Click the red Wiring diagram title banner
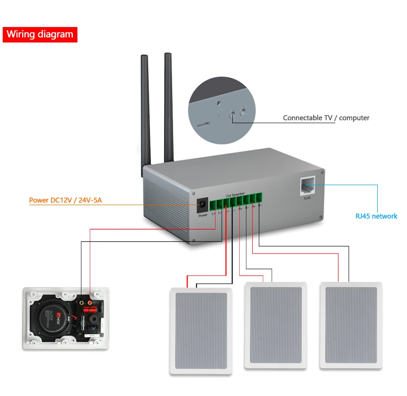(40, 35)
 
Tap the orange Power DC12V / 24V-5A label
(65, 200)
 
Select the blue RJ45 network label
(376, 216)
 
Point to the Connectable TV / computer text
(326, 118)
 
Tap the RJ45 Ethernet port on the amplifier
(307, 186)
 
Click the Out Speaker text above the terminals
(235, 195)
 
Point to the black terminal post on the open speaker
(82, 303)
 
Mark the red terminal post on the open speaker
(92, 303)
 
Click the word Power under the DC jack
(203, 215)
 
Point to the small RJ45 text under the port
(307, 198)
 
